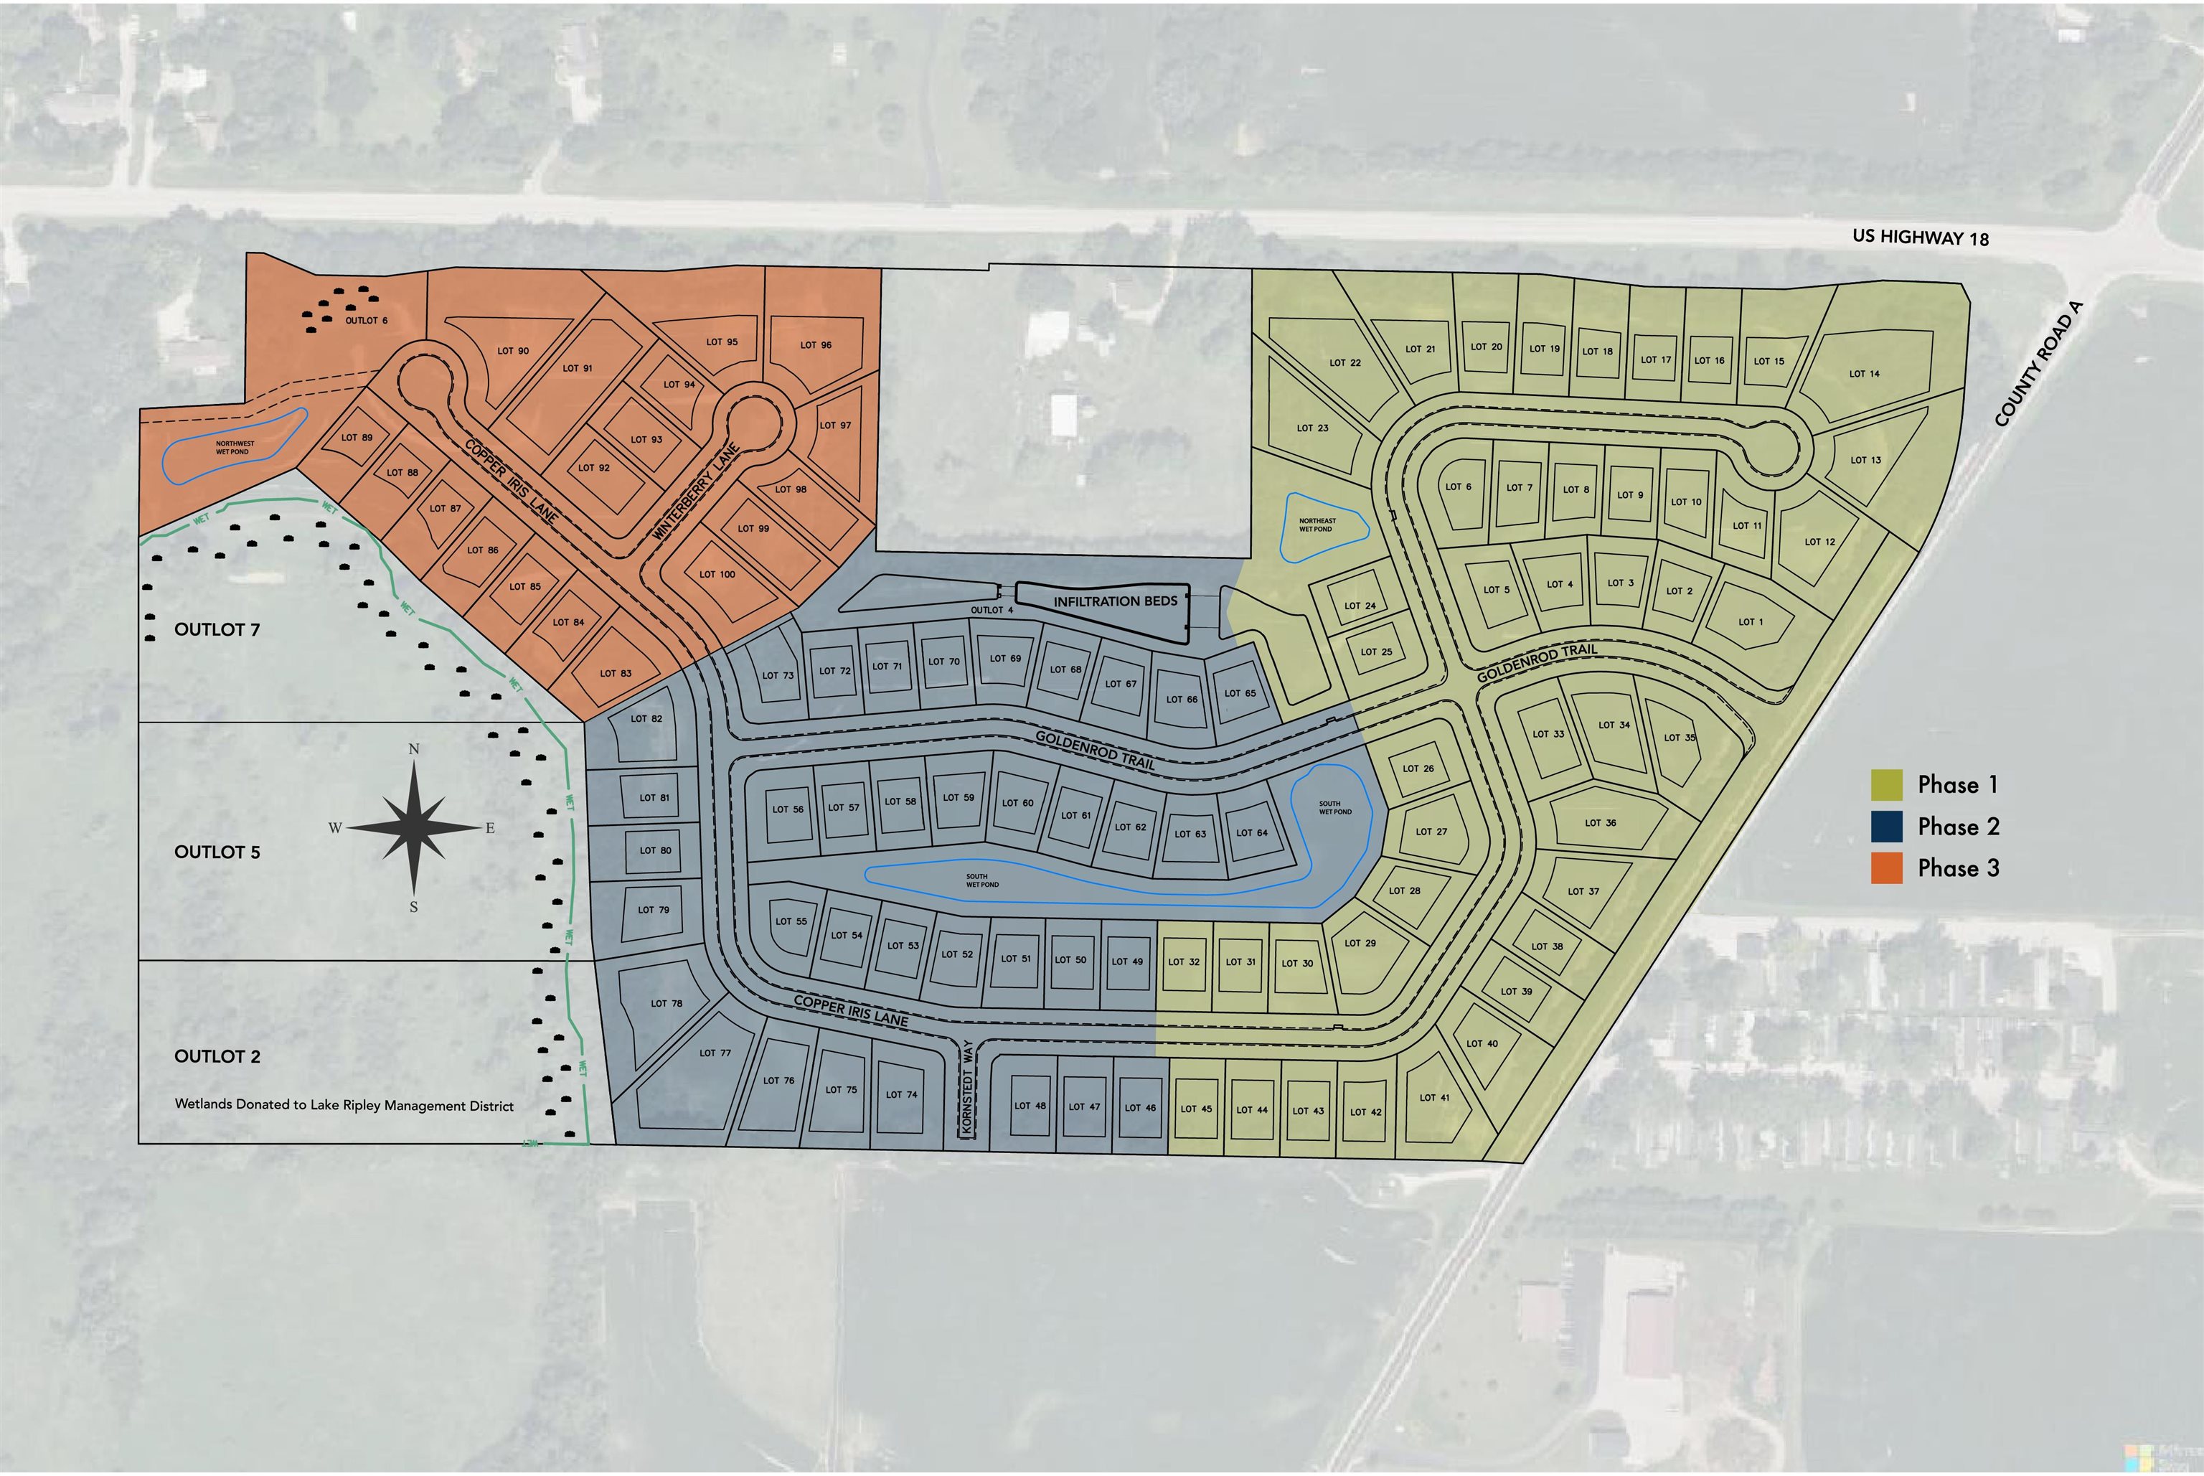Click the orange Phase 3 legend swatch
tap(1886, 868)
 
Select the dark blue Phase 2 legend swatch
tap(1886, 827)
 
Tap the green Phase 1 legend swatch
tap(1886, 784)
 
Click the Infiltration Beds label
tap(1114, 601)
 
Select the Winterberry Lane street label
tap(697, 492)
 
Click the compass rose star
tap(414, 827)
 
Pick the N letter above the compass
tap(414, 749)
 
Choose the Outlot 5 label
tap(217, 852)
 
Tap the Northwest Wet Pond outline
tap(235, 447)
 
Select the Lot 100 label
tap(717, 574)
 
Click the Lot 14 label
tap(1863, 374)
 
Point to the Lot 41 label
tap(1434, 1098)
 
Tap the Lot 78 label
tap(667, 1003)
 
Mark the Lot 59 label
tap(958, 797)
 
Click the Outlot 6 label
tap(366, 321)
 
